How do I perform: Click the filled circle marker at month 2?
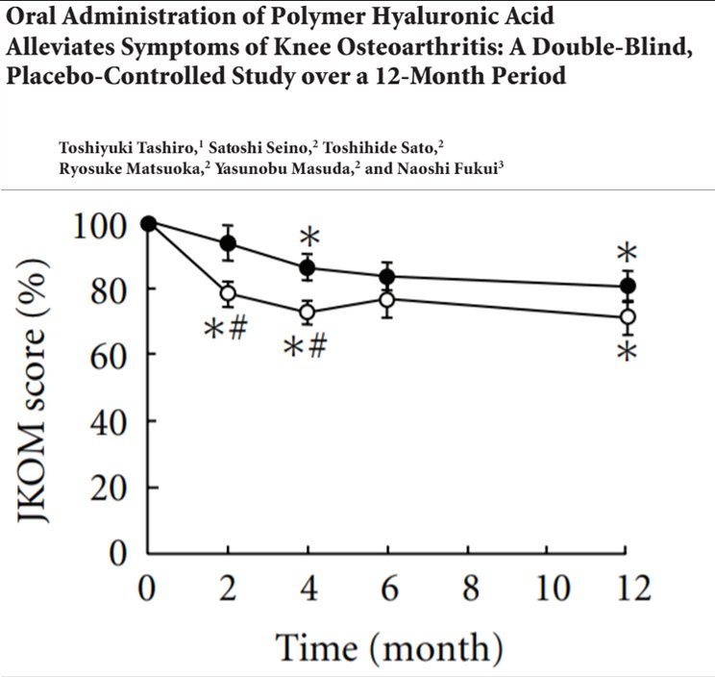tap(229, 243)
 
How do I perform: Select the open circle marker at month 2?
tap(229, 293)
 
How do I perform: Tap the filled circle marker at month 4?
tap(308, 267)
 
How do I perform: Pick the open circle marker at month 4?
tap(308, 312)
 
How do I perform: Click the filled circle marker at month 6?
tap(387, 277)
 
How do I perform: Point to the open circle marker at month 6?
tap(387, 299)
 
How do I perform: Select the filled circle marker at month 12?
tap(627, 287)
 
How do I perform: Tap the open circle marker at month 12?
tap(627, 316)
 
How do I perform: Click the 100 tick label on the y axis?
tap(100, 225)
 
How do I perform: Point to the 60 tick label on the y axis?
tap(111, 356)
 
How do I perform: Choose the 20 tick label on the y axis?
tap(111, 488)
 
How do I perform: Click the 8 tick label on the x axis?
tap(467, 587)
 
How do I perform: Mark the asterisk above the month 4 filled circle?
tap(308, 237)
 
